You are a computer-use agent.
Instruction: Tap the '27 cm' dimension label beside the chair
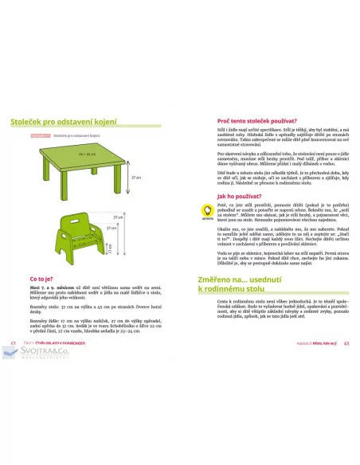(x=119, y=217)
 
